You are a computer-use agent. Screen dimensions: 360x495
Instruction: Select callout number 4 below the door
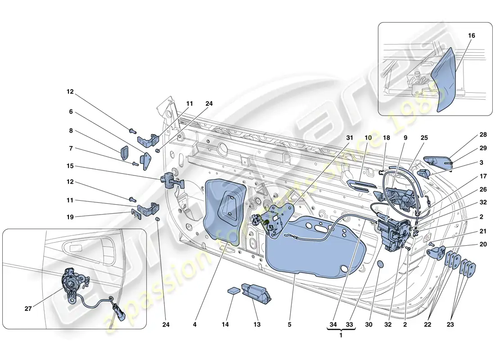195,324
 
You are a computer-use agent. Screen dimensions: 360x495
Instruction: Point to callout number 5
290,324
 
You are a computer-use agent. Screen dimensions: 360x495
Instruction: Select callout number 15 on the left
70,166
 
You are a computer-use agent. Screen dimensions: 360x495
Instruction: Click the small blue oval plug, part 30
380,265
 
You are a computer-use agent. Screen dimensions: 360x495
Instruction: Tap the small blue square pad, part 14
233,290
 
